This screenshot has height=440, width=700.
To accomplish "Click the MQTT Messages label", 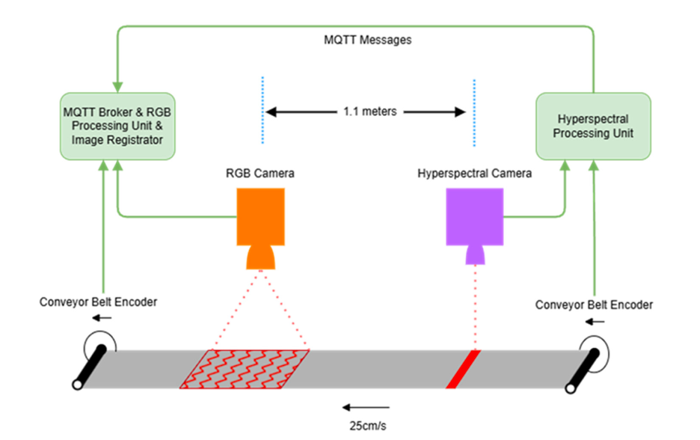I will pyautogui.click(x=367, y=40).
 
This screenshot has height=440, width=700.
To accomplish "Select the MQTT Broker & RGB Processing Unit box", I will pyautogui.click(x=117, y=126).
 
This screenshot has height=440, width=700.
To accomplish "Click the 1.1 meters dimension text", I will pyautogui.click(x=369, y=111).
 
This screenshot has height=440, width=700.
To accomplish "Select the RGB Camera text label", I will pyautogui.click(x=260, y=174).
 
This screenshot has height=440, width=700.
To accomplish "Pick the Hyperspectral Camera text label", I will pyautogui.click(x=475, y=174).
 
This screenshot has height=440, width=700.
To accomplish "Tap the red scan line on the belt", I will pyautogui.click(x=462, y=369).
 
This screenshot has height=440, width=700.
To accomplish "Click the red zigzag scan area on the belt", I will pyautogui.click(x=245, y=369).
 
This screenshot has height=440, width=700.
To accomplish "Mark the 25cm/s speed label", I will pyautogui.click(x=366, y=427).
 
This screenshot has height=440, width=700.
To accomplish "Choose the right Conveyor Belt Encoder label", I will pyautogui.click(x=595, y=305).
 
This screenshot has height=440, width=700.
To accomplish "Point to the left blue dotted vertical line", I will pyautogui.click(x=263, y=110).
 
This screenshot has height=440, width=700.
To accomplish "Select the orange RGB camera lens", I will pyautogui.click(x=260, y=257).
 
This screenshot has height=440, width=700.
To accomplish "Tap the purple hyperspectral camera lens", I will pyautogui.click(x=475, y=255).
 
